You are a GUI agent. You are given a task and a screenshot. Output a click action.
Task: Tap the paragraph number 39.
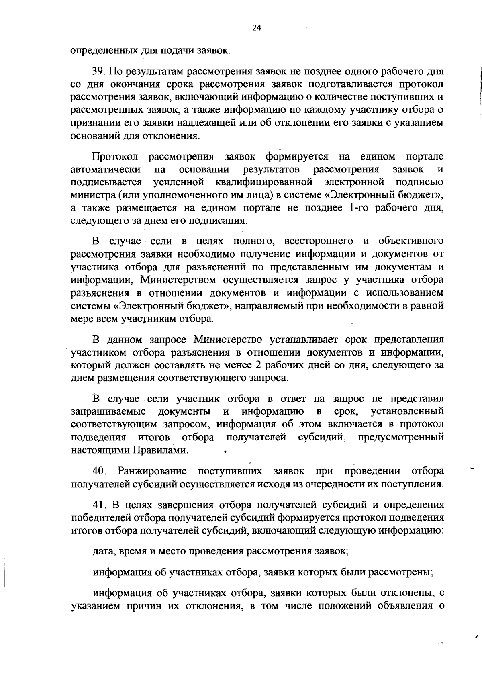(99, 72)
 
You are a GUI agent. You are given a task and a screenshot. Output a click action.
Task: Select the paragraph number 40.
(99, 471)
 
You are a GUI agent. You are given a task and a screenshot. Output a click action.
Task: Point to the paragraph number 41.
(99, 505)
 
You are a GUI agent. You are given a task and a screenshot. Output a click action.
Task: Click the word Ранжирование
(152, 471)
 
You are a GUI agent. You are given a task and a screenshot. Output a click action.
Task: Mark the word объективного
(411, 241)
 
